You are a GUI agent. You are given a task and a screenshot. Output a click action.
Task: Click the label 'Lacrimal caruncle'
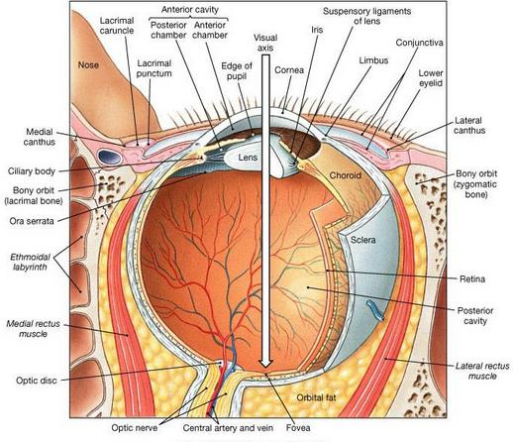(117, 26)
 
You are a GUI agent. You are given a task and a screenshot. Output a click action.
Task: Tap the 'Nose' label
(88, 64)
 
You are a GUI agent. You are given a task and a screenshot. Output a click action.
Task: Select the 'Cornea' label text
(289, 70)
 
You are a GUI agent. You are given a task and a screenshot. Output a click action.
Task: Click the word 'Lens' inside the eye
(248, 158)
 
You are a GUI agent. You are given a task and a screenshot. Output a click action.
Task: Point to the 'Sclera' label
(363, 240)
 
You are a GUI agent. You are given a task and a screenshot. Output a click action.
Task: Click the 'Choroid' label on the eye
(346, 175)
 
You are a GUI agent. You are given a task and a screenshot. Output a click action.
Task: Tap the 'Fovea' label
(298, 428)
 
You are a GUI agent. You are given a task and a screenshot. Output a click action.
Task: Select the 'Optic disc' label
(37, 381)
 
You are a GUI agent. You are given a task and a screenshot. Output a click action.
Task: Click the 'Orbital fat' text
(316, 397)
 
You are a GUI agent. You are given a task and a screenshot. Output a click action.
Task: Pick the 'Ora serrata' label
(32, 221)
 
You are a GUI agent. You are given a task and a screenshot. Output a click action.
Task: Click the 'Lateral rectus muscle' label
(482, 371)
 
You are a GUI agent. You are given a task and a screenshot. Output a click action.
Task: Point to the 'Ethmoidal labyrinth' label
(30, 262)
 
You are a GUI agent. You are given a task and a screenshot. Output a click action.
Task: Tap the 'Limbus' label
(373, 60)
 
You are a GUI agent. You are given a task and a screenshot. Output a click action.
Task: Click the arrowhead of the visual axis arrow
(265, 363)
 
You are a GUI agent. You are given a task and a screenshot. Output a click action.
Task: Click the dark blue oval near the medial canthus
(107, 157)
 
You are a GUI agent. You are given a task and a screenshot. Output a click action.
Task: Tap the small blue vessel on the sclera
(374, 310)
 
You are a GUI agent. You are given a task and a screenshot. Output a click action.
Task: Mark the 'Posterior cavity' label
(475, 315)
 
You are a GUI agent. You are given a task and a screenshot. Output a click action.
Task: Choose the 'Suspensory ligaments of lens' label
(366, 16)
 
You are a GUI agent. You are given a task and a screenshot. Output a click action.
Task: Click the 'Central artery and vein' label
(228, 428)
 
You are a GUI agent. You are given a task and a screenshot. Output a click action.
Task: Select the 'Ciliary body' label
(32, 171)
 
